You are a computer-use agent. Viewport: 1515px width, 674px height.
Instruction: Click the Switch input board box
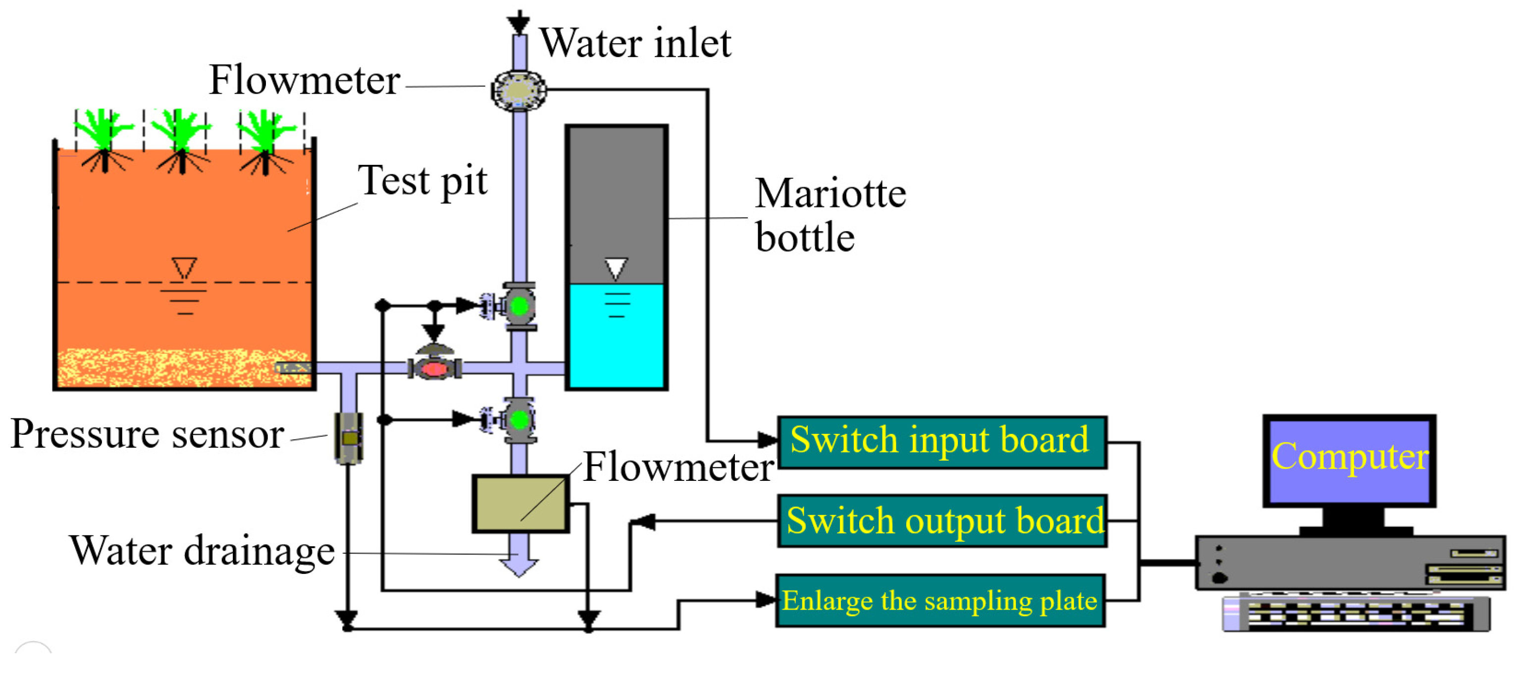pyautogui.click(x=941, y=442)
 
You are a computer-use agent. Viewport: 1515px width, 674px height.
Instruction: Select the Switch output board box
pyautogui.click(x=941, y=521)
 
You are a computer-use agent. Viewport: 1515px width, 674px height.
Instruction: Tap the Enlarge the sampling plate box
pyautogui.click(x=940, y=601)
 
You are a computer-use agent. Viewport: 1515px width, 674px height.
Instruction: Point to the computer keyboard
pyautogui.click(x=1356, y=614)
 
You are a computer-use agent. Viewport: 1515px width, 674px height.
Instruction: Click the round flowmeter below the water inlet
pyautogui.click(x=519, y=90)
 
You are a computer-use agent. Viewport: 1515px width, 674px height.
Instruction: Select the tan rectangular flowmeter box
pyautogui.click(x=521, y=504)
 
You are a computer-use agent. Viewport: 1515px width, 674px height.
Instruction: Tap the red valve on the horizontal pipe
pyautogui.click(x=435, y=369)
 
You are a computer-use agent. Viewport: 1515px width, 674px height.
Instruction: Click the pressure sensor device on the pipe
pyautogui.click(x=349, y=438)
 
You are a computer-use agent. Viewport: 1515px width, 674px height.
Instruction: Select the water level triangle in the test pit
pyautogui.click(x=184, y=267)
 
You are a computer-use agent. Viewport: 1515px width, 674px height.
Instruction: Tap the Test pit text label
pyautogui.click(x=422, y=181)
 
